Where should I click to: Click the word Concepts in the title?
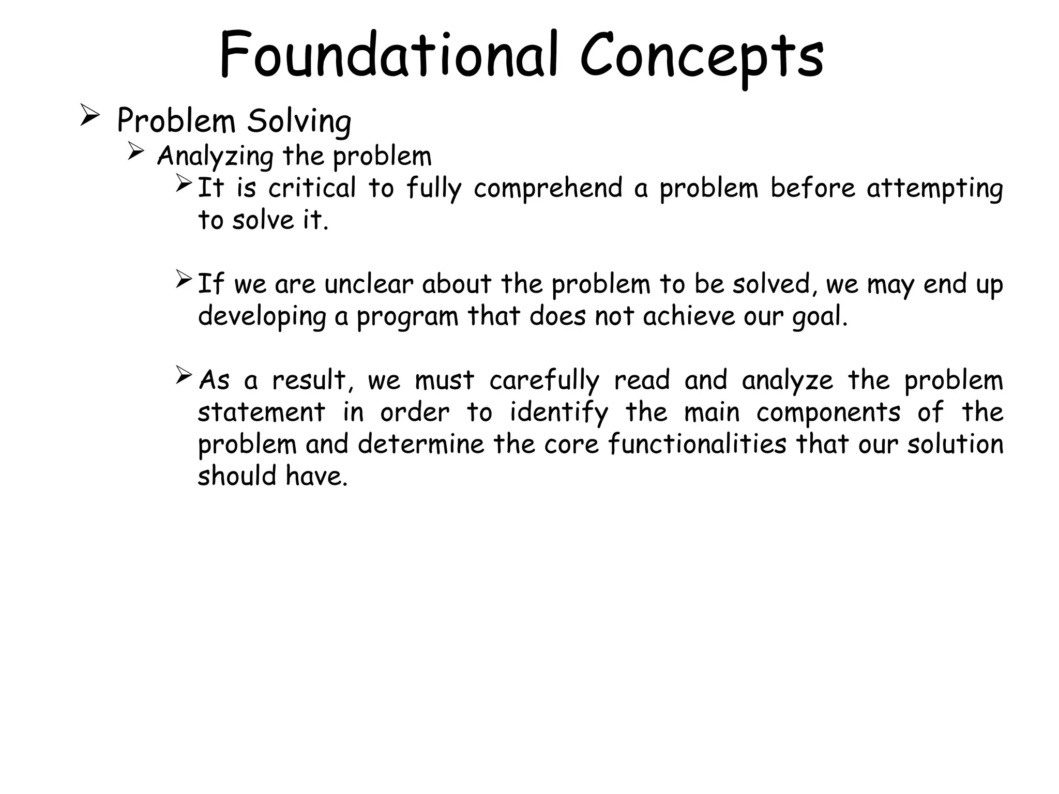702,57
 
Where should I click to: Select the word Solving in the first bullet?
299,122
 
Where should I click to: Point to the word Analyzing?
215,156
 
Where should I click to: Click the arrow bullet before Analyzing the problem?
135,151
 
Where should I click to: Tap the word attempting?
935,188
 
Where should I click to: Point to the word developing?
262,316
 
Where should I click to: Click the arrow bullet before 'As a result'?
184,375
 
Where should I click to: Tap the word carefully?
544,381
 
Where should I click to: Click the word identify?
559,413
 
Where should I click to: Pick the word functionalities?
697,444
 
